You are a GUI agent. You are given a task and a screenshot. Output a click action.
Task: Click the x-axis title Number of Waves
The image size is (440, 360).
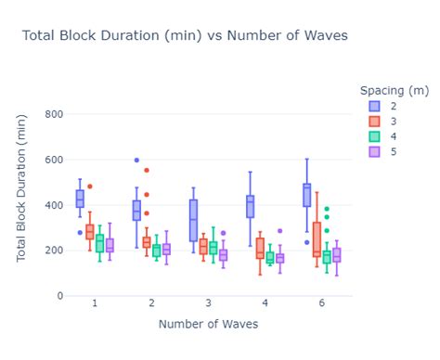(209, 324)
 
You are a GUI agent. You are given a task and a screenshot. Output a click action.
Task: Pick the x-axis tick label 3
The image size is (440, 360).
(208, 303)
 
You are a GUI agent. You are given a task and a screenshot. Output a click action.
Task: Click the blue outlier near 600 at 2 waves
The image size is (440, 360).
(136, 161)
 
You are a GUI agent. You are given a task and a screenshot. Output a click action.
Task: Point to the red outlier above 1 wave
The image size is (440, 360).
(90, 186)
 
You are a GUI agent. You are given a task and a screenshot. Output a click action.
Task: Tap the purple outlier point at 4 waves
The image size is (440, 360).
(279, 231)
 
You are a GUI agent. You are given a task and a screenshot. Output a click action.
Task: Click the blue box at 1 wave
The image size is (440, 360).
(80, 199)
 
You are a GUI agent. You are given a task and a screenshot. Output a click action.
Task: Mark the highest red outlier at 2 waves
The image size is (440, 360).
(146, 171)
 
